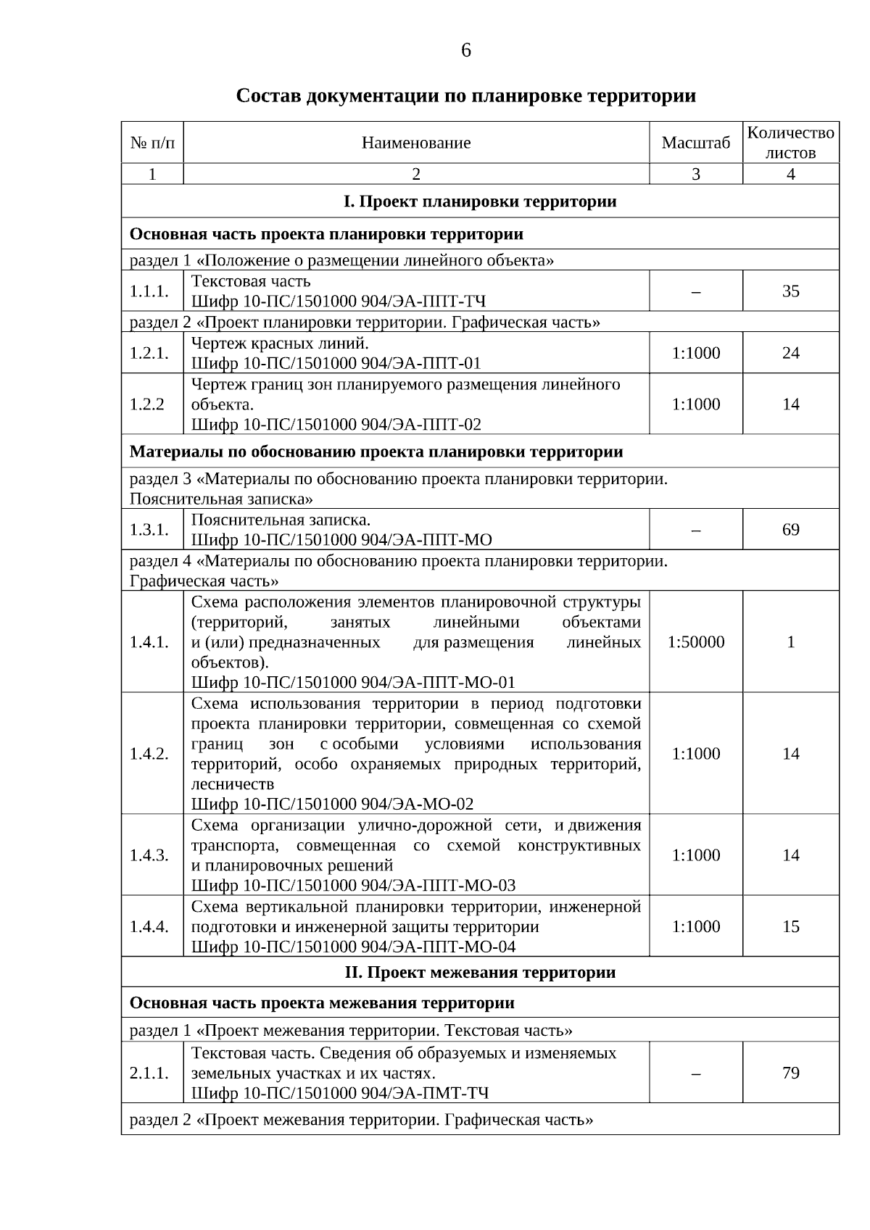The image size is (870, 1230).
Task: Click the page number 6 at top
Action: (x=465, y=50)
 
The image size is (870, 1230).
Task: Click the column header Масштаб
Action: (x=695, y=143)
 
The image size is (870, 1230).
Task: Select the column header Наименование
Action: (x=416, y=143)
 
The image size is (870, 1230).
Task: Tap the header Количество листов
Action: (x=790, y=143)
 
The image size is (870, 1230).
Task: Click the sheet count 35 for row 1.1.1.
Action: (x=790, y=291)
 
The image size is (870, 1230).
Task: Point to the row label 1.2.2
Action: (x=148, y=404)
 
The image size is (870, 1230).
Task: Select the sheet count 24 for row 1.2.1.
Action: (x=790, y=353)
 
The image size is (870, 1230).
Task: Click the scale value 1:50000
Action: (x=695, y=642)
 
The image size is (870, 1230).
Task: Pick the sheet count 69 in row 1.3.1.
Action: (x=790, y=530)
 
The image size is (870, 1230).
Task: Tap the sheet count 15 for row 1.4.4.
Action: (x=790, y=927)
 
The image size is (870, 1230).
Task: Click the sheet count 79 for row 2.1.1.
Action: (x=790, y=1073)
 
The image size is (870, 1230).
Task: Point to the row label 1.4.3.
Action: (x=149, y=855)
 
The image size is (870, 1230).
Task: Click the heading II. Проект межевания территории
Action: (x=480, y=973)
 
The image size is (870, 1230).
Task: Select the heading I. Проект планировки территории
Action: (x=480, y=201)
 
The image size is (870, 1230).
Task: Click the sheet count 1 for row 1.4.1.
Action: (x=790, y=642)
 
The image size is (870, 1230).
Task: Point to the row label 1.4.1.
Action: (x=149, y=642)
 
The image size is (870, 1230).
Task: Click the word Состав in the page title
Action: (x=268, y=96)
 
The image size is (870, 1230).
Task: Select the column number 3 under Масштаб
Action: (x=695, y=174)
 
